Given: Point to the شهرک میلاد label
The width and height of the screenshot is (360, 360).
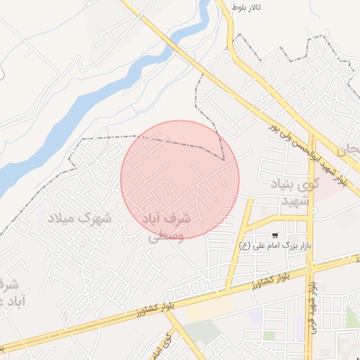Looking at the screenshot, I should pos(79,218).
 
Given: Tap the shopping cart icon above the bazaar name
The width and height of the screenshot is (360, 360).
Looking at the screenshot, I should pos(275,235).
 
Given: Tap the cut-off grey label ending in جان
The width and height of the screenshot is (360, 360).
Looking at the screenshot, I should pos(349,150).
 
